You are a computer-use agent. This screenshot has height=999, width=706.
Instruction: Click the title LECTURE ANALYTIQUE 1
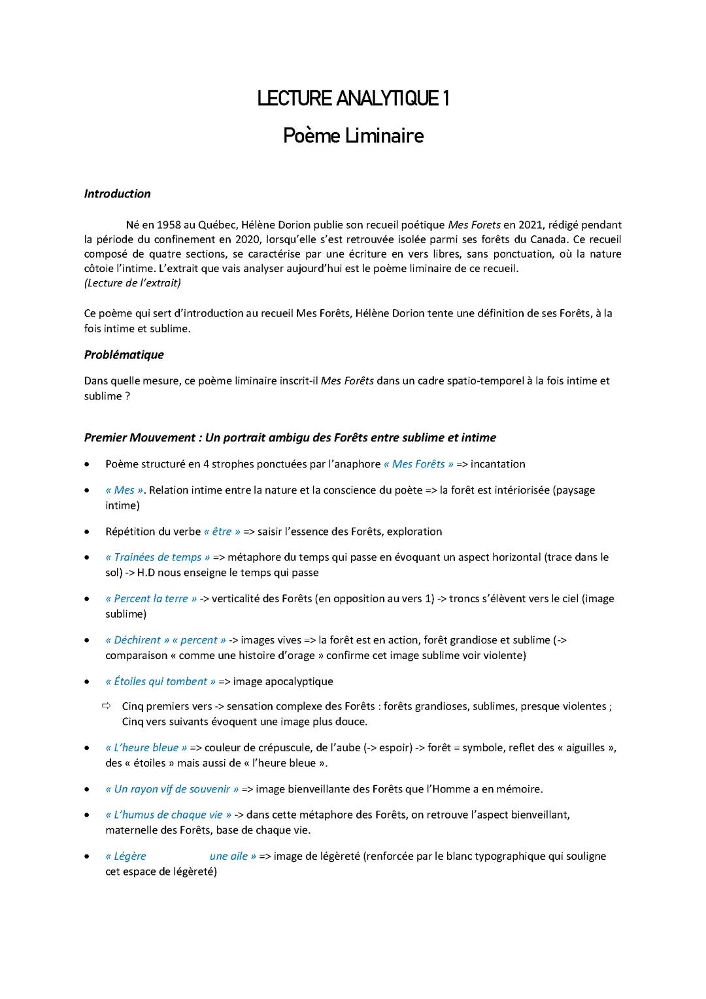353,99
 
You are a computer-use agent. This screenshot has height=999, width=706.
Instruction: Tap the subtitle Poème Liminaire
353,136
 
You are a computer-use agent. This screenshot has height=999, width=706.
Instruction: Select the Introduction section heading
117,194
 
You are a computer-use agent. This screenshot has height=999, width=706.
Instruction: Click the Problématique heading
124,355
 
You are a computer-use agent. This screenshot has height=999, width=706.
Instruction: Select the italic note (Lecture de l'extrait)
133,283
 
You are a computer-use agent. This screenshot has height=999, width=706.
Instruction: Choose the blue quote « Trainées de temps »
158,558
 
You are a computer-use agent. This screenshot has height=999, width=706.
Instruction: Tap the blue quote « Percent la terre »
151,599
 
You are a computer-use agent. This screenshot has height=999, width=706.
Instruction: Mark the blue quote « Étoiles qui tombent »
160,682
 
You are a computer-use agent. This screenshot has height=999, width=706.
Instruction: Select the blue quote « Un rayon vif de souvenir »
172,789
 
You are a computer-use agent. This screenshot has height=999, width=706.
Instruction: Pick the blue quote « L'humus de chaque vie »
168,815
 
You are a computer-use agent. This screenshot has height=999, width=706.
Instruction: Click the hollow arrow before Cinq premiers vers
107,706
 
